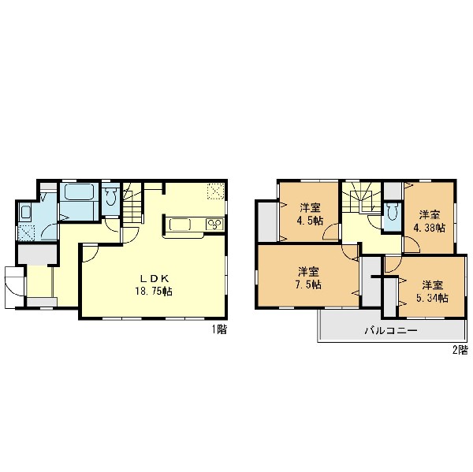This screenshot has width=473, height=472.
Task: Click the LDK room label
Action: pos(153,278)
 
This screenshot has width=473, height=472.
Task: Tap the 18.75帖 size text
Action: pos(153,291)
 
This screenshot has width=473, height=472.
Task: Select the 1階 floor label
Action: pos(218,329)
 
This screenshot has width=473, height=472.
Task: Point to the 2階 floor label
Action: pos(460,350)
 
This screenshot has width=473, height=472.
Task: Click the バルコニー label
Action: pos(391,330)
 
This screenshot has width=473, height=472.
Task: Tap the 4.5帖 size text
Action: pos(310,221)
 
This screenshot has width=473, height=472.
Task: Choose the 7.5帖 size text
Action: pos(308,284)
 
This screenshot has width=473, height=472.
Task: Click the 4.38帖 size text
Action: pos(429,228)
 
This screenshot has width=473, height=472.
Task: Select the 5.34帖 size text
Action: pos(432,298)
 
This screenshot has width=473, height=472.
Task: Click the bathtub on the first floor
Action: pos(80,191)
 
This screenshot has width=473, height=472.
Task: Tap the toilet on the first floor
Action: pos(110,196)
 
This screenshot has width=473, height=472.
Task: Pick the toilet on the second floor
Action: pos(392,211)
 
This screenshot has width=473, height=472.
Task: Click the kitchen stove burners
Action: pos(214,225)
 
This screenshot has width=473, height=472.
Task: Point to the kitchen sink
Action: pos(180,225)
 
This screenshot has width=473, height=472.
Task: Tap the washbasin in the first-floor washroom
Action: pos(26,213)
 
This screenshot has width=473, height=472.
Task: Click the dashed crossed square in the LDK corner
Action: pos(216,191)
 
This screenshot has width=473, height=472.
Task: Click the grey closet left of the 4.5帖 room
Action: pos(267,221)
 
